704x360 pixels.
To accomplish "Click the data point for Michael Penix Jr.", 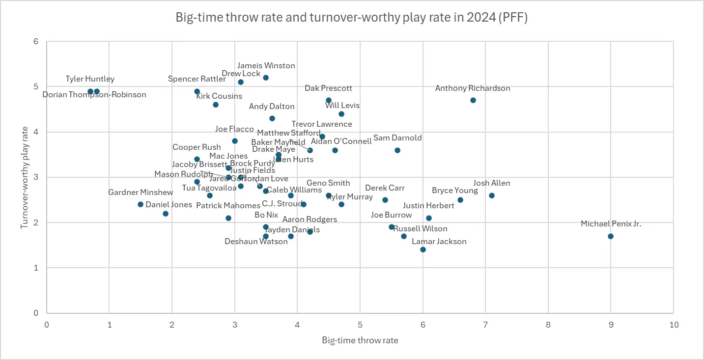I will [611, 236].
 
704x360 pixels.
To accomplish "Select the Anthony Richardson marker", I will [473, 100].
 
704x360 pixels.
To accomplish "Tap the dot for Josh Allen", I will [492, 195].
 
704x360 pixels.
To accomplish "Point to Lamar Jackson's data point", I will [423, 249].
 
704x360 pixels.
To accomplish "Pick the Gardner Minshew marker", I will [141, 204].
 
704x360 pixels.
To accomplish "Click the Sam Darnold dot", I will [397, 150].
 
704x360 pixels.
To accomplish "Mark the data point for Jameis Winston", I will [266, 78].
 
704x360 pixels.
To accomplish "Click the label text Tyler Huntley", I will [90, 79].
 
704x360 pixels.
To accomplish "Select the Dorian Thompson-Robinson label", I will [94, 95].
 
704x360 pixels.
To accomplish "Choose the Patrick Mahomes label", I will [228, 206].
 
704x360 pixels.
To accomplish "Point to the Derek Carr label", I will [385, 188].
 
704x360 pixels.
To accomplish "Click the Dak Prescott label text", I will [328, 88].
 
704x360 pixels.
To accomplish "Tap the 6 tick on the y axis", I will [36, 42].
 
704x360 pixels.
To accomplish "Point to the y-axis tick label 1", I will [36, 268].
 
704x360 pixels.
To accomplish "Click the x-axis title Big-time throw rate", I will [360, 340].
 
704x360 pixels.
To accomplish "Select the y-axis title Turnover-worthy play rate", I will [24, 177].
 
